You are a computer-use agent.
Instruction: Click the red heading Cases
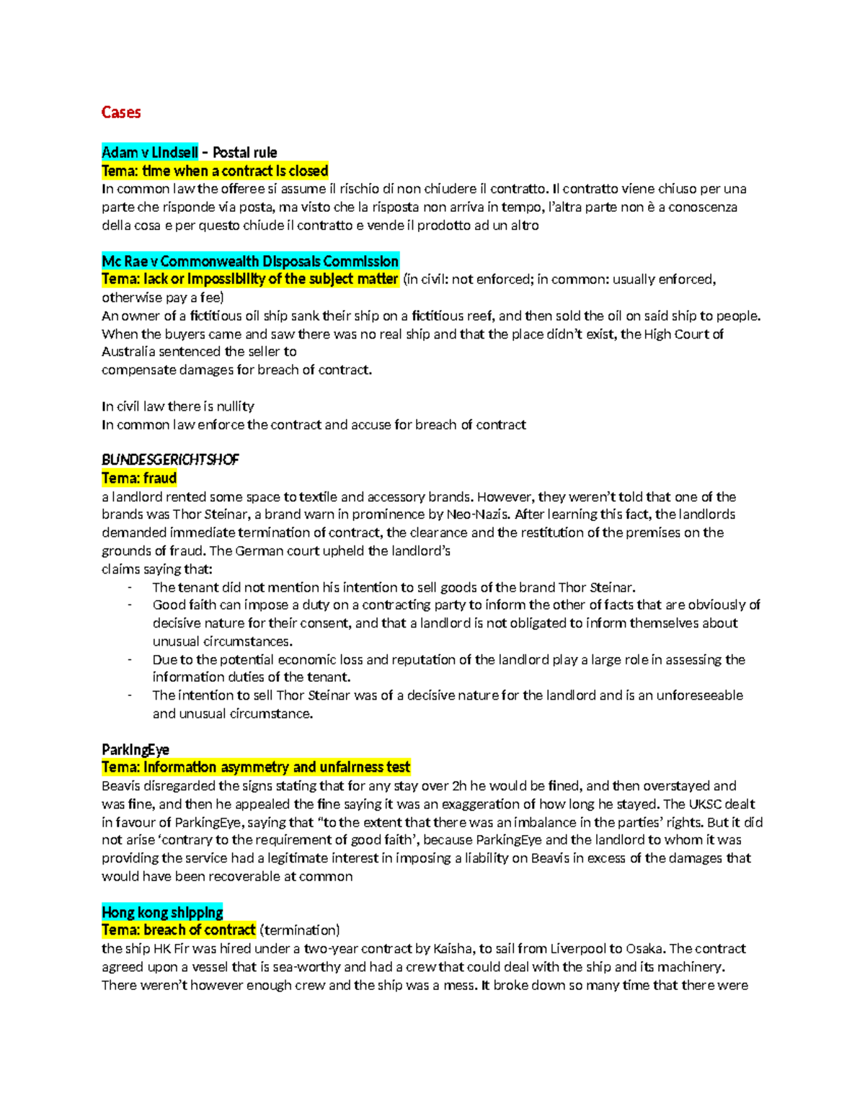click(121, 112)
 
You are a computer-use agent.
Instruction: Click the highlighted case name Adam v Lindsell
click(150, 152)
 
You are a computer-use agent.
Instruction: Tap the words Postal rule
click(244, 152)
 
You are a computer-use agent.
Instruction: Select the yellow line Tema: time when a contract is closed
click(215, 171)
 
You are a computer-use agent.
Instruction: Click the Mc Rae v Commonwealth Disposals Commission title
click(250, 261)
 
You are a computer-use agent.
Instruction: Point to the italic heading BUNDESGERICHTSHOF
click(170, 460)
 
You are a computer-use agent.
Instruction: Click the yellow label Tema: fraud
click(139, 478)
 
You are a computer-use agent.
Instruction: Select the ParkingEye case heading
click(136, 749)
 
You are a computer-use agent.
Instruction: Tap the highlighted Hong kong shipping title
click(162, 912)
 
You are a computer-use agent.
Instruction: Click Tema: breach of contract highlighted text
click(179, 930)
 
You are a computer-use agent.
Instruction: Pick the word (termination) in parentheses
click(300, 930)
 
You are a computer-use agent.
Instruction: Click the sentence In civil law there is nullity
click(178, 406)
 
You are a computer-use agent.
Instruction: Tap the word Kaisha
click(453, 949)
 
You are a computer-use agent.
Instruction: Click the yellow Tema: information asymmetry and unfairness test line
click(256, 767)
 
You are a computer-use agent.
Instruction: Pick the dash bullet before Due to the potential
click(130, 659)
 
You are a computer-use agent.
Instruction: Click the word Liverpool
click(579, 949)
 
